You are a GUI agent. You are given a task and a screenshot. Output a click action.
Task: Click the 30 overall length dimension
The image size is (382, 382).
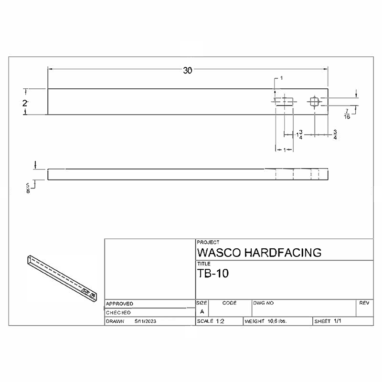187,70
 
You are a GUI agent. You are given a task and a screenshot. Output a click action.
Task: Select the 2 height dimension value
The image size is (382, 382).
25,103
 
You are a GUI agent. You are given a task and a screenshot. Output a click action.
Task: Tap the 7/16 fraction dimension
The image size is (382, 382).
347,114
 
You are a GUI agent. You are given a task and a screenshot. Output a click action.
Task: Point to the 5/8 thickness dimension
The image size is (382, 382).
28,188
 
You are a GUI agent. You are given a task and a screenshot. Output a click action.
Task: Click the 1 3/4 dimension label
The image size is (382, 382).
299,135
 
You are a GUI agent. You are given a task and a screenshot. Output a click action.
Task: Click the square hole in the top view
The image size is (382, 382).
315,102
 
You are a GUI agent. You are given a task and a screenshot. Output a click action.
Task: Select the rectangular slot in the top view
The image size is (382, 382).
284,101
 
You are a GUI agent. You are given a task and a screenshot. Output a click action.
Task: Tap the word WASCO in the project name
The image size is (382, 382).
219,253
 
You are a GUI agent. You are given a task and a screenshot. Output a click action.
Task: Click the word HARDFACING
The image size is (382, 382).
283,253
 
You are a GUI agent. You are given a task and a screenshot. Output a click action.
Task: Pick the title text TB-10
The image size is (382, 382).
213,273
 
